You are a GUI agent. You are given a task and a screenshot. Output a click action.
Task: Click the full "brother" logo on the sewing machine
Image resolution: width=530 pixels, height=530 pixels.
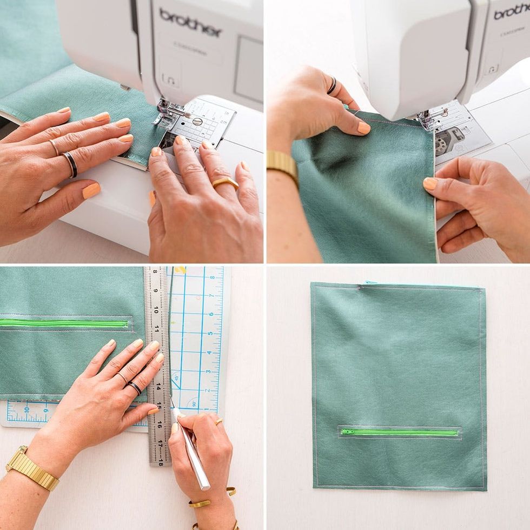[x=190, y=22]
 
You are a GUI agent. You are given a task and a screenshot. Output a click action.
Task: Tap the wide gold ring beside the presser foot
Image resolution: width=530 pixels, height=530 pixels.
[x=225, y=183]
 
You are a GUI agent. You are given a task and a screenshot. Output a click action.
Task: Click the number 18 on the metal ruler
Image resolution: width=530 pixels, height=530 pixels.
[x=160, y=459]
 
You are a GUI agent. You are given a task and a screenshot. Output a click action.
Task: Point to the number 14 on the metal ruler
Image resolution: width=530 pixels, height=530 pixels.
[x=158, y=386]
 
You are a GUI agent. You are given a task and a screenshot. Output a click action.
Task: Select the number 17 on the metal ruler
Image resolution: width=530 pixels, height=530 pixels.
[x=160, y=442]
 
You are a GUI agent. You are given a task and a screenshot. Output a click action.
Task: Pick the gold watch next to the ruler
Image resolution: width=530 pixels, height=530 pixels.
[x=31, y=468]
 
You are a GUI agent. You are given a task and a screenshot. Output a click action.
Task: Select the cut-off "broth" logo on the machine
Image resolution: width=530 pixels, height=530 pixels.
[x=511, y=12]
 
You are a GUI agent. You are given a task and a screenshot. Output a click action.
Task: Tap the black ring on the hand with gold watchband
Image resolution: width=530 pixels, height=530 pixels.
[x=332, y=85]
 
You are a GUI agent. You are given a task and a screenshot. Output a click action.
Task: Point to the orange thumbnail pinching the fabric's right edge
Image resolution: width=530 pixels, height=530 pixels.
[x=430, y=184]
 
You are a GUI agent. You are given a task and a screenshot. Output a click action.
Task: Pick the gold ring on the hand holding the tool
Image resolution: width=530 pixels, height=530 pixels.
[x=219, y=422]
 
